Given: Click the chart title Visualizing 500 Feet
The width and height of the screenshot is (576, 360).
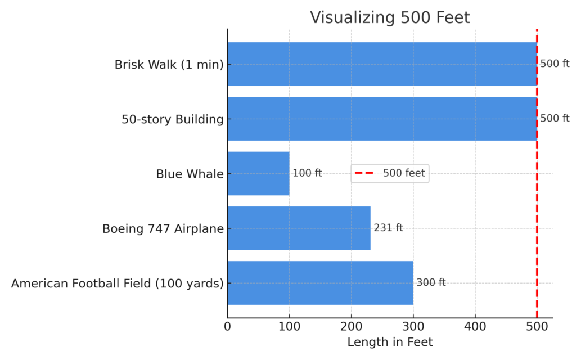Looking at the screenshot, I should (x=390, y=17).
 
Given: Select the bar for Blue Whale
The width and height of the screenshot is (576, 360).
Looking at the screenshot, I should (x=258, y=174).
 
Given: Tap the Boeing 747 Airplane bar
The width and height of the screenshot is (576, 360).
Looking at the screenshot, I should (x=299, y=228).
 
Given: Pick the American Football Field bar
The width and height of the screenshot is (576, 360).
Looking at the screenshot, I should (x=320, y=283).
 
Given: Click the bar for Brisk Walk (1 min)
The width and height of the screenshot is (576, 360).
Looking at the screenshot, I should (x=382, y=64).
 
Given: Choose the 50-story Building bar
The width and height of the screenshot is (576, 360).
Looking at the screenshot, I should (x=382, y=119).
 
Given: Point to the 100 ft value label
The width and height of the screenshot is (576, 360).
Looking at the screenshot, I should (x=307, y=173).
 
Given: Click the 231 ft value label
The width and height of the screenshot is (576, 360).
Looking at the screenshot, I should (x=388, y=228).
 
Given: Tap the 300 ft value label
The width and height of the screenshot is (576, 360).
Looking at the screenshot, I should (x=431, y=282).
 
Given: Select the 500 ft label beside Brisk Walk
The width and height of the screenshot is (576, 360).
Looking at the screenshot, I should (x=555, y=64).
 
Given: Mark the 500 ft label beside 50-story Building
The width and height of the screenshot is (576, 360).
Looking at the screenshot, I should (x=555, y=118).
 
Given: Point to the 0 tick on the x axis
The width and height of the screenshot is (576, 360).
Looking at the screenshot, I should (x=228, y=326).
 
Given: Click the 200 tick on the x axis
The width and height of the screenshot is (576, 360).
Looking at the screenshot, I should (x=352, y=326).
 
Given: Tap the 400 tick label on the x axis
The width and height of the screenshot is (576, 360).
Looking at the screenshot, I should (x=475, y=326).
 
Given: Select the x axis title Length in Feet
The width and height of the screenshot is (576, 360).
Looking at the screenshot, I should (x=390, y=342).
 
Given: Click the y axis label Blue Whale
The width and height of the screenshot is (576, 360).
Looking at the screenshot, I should (x=190, y=174).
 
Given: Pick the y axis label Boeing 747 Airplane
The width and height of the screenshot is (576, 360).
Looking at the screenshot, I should (x=163, y=229).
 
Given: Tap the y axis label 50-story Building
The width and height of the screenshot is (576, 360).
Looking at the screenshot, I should (x=172, y=119).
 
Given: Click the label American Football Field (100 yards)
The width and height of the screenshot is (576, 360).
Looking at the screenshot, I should (x=117, y=283).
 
